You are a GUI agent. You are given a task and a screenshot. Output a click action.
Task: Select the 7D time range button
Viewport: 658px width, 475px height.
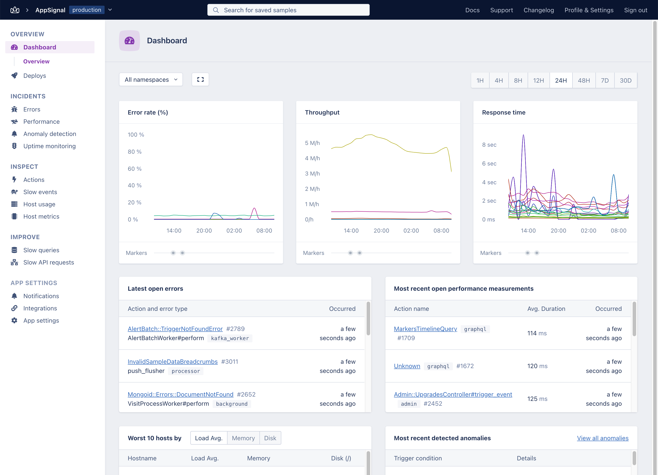click(x=605, y=80)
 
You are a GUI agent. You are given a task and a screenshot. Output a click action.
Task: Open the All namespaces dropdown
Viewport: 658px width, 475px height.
click(x=151, y=79)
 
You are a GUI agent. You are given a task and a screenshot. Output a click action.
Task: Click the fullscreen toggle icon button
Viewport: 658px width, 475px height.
click(x=200, y=79)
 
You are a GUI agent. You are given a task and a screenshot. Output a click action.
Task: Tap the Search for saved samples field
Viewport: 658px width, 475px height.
click(x=288, y=10)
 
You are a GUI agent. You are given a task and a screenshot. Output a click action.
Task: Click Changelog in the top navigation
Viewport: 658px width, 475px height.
click(x=539, y=10)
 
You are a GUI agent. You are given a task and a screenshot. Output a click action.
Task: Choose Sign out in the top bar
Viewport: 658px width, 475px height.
click(x=635, y=10)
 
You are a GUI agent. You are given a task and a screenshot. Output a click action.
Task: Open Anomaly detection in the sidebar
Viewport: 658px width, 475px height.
click(x=50, y=134)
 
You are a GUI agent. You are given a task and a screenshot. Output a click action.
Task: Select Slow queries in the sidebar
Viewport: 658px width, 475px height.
click(x=41, y=250)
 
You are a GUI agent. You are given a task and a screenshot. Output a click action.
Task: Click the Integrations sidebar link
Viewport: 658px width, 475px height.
click(x=40, y=308)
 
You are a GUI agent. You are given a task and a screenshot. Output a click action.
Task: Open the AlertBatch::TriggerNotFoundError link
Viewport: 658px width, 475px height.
click(x=175, y=329)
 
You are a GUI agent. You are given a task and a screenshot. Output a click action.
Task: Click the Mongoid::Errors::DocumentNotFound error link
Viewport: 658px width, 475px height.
click(x=180, y=394)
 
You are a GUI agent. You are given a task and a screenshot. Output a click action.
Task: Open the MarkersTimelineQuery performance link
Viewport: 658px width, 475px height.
click(x=425, y=329)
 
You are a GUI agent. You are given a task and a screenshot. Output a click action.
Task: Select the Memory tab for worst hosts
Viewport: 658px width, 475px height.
click(x=243, y=438)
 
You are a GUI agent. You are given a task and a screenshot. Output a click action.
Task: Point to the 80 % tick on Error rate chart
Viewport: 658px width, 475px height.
click(x=135, y=152)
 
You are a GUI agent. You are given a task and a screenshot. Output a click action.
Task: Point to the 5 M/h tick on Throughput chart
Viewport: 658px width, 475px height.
click(x=312, y=143)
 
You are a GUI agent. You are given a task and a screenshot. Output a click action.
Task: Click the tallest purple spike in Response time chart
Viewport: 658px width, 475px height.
click(x=523, y=135)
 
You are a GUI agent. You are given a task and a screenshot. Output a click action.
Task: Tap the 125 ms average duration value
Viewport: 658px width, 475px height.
click(x=537, y=399)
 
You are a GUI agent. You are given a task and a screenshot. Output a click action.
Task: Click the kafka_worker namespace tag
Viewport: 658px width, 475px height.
click(x=230, y=338)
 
